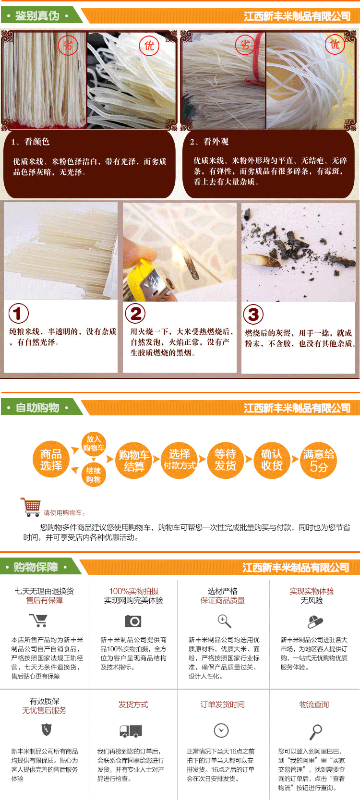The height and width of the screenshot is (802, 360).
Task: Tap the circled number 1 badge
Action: (x=19, y=314)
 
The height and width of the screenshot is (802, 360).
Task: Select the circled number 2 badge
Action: (x=135, y=313)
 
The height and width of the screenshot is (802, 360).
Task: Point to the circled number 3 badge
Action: (x=253, y=315)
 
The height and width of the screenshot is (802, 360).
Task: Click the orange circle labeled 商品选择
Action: (x=51, y=460)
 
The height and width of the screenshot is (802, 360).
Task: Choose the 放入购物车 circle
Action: (x=94, y=444)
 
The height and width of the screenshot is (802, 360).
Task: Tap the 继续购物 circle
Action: (x=94, y=475)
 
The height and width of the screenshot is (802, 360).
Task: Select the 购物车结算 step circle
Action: (x=134, y=461)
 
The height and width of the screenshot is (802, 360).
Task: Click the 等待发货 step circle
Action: (x=226, y=460)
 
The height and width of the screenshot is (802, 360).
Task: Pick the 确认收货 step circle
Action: (x=272, y=460)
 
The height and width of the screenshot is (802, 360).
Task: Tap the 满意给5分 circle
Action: (x=319, y=460)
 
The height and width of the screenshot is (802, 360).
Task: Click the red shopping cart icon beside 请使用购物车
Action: (x=31, y=507)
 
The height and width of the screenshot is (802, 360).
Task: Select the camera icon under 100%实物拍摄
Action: (x=133, y=621)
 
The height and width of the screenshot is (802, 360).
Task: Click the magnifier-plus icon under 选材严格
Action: (x=224, y=621)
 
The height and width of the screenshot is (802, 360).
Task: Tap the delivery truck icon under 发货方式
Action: (x=131, y=731)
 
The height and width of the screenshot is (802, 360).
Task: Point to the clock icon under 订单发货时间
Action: (x=221, y=730)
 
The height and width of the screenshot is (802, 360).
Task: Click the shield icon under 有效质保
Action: (x=47, y=729)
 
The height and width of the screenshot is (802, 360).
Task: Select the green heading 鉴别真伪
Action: (x=37, y=16)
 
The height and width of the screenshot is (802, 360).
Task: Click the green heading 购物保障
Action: (x=36, y=567)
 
